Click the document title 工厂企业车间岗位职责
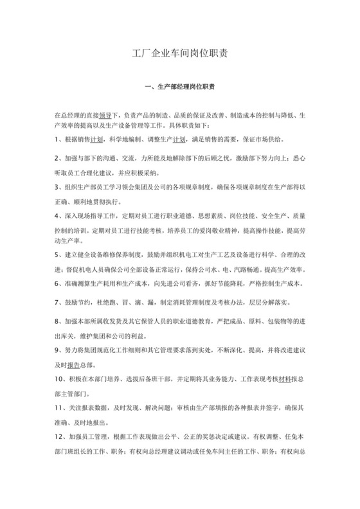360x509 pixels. point(179,55)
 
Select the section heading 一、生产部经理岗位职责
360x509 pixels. point(179,86)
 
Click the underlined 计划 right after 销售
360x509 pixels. point(97,139)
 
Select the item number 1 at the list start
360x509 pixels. point(57,139)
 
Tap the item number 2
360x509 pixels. point(57,157)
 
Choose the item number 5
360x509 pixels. point(57,255)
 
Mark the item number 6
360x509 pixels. point(57,284)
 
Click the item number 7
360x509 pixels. point(57,303)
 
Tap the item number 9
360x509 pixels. point(57,350)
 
